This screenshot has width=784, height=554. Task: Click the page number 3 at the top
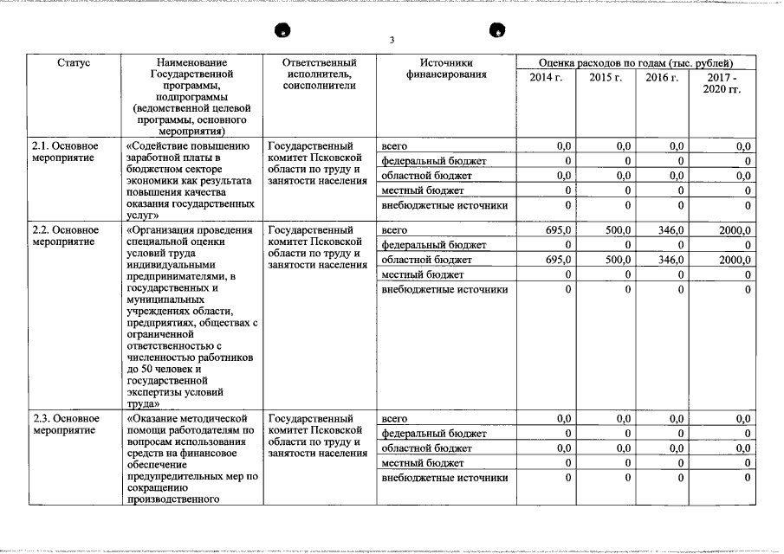pyautogui.click(x=392, y=40)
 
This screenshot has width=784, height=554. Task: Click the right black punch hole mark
pyautogui.click(x=497, y=30)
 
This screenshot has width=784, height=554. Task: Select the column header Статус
pyautogui.click(x=74, y=63)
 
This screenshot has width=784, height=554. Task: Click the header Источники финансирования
pyautogui.click(x=446, y=69)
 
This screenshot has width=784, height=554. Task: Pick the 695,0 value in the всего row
pyautogui.click(x=560, y=230)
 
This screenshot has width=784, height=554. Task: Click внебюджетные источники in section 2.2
pyautogui.click(x=444, y=289)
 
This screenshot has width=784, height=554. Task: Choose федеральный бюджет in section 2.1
pyautogui.click(x=434, y=161)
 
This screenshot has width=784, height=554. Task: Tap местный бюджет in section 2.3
pyautogui.click(x=423, y=463)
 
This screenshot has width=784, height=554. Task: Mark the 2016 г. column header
pyautogui.click(x=662, y=78)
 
